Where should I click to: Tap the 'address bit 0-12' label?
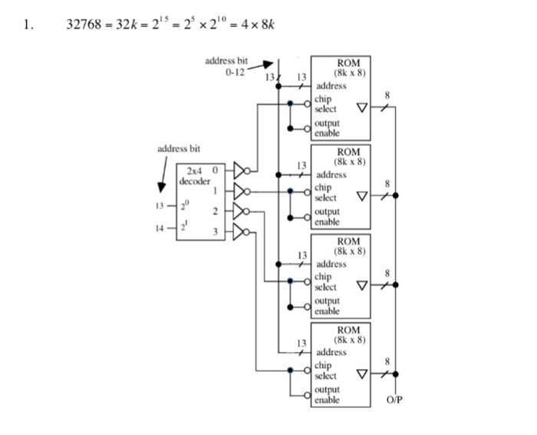coord(226,67)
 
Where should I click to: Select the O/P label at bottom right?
coord(394,401)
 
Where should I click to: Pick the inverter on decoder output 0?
coord(242,169)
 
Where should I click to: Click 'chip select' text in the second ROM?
coord(325,192)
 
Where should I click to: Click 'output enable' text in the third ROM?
coord(328,307)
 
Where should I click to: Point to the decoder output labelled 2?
coord(216,211)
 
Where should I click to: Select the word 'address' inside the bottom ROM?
coord(331,353)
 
